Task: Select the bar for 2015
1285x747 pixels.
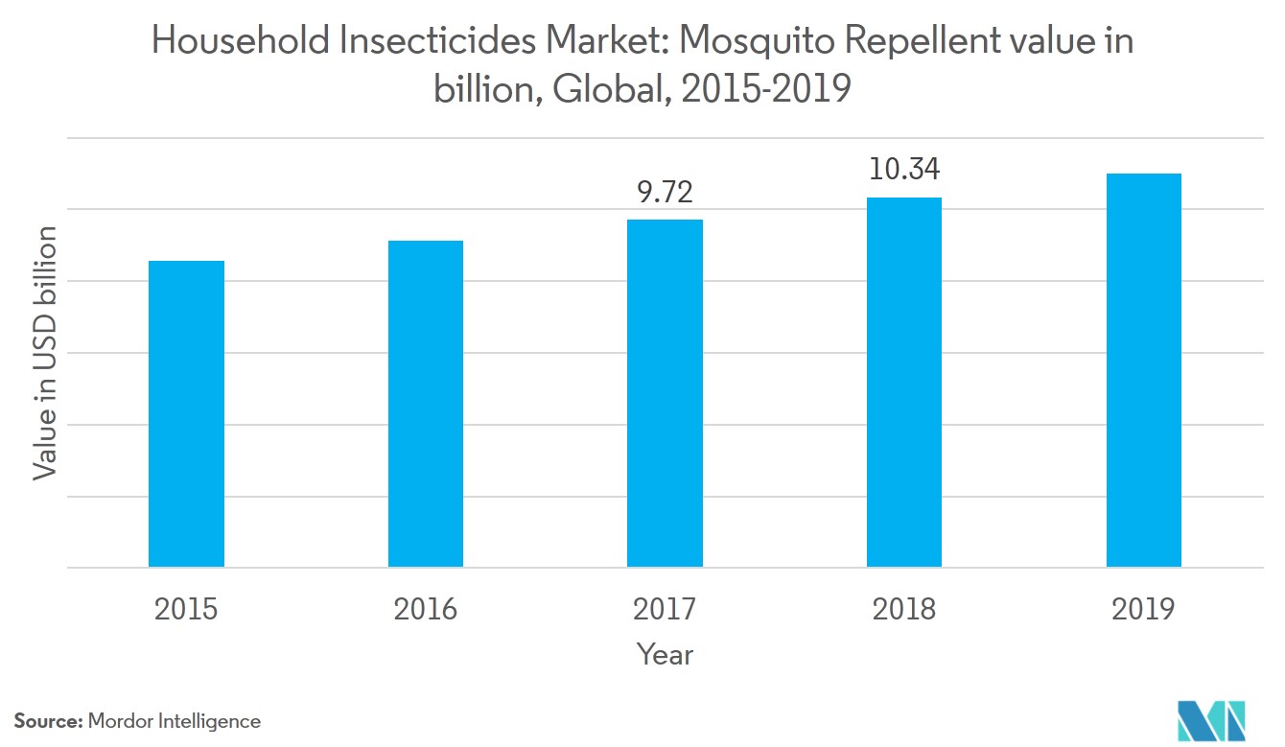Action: tap(186, 413)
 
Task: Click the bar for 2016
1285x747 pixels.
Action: tap(425, 404)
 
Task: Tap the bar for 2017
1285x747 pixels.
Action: tap(665, 393)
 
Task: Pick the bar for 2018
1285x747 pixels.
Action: tap(903, 382)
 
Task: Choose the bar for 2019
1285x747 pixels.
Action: tap(1143, 370)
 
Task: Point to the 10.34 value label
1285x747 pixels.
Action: tap(903, 171)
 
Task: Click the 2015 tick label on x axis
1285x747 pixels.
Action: tap(186, 609)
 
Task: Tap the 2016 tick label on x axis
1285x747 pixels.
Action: tap(425, 609)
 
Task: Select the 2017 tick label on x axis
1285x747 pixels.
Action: tap(665, 609)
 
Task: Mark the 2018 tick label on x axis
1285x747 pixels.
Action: tap(903, 609)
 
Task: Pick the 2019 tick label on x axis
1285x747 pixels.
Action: tap(1143, 609)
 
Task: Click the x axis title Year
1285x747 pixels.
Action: tap(665, 654)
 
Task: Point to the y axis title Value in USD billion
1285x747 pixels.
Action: tap(45, 353)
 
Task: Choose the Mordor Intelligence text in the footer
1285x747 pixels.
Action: tap(175, 721)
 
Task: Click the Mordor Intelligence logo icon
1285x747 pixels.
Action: tap(1210, 716)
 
